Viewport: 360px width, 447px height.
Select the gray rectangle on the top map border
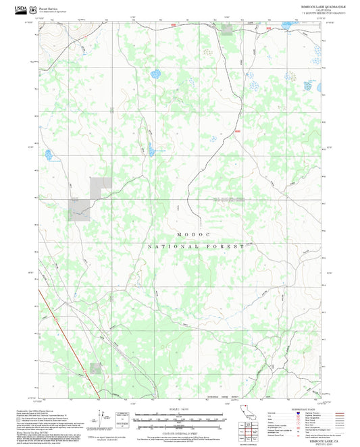227,29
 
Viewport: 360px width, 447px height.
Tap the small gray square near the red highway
96,368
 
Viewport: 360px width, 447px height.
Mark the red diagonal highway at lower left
71,348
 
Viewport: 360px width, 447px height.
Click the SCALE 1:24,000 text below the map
179,408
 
